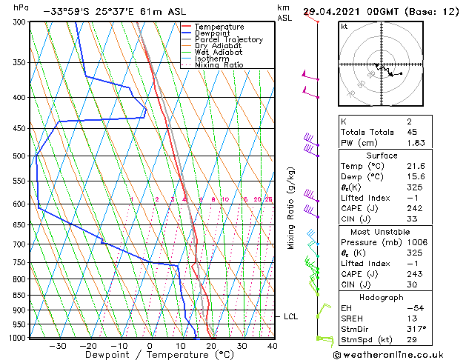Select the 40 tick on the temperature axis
point(273,345)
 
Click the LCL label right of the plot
point(291,317)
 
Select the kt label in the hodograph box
point(344,27)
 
